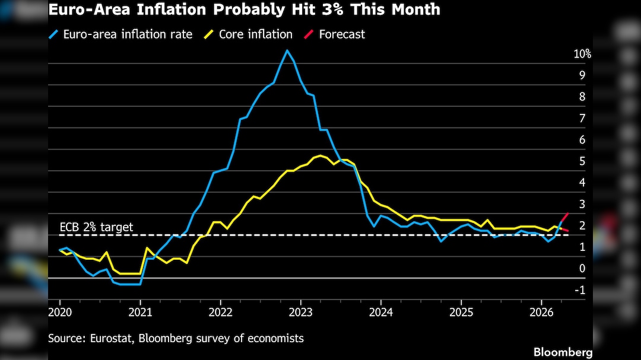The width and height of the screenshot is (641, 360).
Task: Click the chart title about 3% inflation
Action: click(x=245, y=9)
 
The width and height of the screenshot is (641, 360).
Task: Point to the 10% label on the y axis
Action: click(x=582, y=54)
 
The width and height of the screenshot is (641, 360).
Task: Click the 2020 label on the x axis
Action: click(x=59, y=311)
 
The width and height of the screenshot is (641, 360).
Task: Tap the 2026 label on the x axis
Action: click(x=541, y=311)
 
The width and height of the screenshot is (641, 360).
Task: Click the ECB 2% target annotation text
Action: click(x=96, y=227)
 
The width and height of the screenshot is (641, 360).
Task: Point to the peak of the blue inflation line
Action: click(x=287, y=50)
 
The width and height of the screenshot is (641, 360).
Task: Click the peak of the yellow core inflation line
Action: click(x=320, y=155)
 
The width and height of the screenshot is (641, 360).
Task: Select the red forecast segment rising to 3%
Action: click(x=564, y=218)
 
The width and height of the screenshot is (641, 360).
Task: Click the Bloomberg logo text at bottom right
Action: click(x=563, y=352)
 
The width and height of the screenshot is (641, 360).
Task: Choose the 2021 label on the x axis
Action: click(x=140, y=311)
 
